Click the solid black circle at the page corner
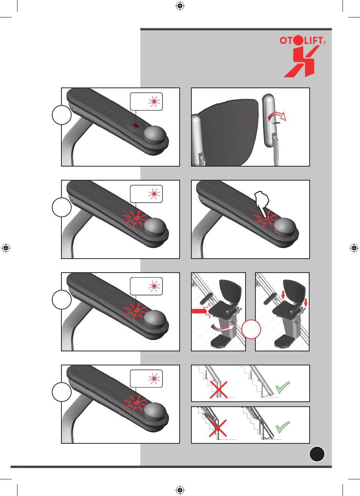[317, 454]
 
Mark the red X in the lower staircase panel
[218, 428]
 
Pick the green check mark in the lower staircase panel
[283, 427]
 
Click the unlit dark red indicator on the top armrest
[136, 126]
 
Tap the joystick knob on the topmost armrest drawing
[155, 134]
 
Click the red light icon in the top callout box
[154, 101]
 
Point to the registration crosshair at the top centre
[180, 6]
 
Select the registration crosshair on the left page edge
[6, 248]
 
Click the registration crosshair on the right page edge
[354, 248]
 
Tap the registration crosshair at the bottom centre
[180, 490]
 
